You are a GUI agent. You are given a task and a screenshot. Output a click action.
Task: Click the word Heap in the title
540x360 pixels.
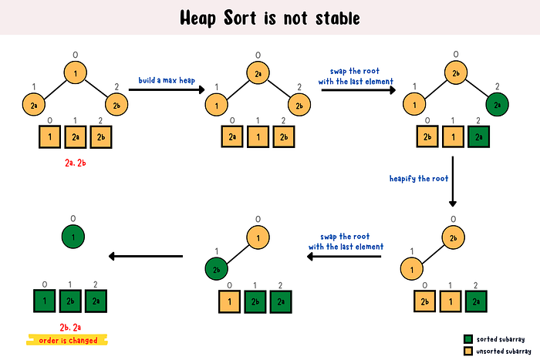197,18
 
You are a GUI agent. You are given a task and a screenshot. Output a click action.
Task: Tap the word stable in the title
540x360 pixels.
338,18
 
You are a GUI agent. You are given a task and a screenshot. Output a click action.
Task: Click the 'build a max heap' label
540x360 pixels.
167,80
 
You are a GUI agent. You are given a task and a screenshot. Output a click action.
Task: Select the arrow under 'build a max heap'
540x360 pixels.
167,90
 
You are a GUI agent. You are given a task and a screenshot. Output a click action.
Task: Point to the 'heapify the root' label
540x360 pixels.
419,178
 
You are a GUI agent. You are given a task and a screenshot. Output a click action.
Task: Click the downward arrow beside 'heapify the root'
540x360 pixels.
453,181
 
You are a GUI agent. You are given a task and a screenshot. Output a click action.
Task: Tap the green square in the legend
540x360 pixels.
468,339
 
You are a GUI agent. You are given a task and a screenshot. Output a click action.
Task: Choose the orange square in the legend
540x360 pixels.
468,351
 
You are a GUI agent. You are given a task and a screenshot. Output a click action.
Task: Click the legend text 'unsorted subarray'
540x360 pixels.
504,352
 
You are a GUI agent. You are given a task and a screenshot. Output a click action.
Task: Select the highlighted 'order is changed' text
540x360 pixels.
68,341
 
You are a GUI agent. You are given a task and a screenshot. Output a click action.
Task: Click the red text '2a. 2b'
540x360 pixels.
76,163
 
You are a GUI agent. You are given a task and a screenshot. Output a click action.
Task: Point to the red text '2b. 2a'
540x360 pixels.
70,327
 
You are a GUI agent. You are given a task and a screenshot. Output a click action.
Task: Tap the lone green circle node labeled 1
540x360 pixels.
73,237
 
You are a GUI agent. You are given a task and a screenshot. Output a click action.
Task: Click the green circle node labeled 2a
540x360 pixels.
497,105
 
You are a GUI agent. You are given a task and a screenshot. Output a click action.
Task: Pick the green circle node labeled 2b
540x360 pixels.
216,269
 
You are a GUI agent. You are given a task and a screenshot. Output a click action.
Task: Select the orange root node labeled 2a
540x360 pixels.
258,73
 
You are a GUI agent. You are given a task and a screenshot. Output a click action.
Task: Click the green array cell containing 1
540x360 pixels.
45,301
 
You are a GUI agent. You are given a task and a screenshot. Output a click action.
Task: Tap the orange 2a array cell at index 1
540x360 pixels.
76,137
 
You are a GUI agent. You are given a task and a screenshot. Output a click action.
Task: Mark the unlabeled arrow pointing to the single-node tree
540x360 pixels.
145,257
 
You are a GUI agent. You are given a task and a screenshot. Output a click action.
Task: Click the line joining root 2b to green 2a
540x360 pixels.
477,89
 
